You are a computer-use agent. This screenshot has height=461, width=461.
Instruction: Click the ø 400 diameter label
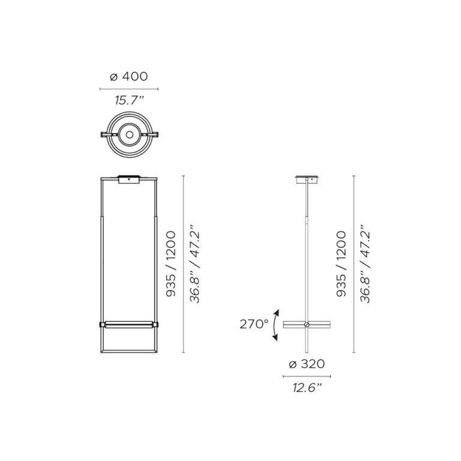point(129,76)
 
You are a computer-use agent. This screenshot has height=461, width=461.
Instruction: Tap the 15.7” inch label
point(129,101)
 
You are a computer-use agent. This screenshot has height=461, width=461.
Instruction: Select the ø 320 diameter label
point(307,364)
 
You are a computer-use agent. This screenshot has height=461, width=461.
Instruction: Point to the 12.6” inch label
point(307,388)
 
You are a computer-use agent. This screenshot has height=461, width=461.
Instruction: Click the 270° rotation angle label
point(254,324)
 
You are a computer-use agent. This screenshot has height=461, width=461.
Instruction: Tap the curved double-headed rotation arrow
point(274,325)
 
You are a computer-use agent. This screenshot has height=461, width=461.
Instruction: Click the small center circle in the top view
point(129,134)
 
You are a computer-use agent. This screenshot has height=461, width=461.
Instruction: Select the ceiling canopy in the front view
point(129,179)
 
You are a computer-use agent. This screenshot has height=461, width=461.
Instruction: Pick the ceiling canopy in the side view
point(307,179)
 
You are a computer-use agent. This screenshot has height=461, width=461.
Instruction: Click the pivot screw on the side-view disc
point(307,325)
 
